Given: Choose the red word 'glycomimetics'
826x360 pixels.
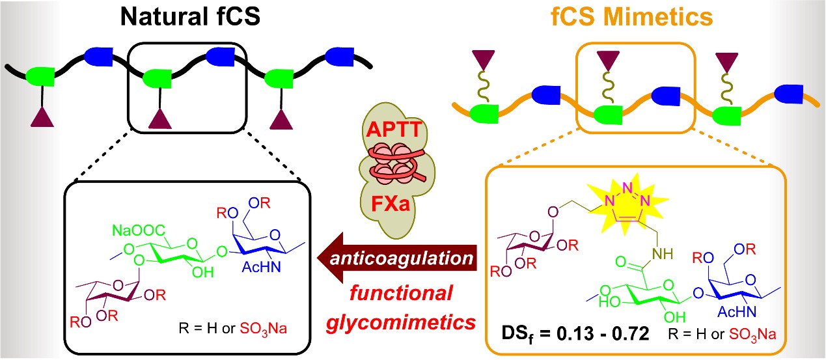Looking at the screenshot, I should click(x=404, y=320).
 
